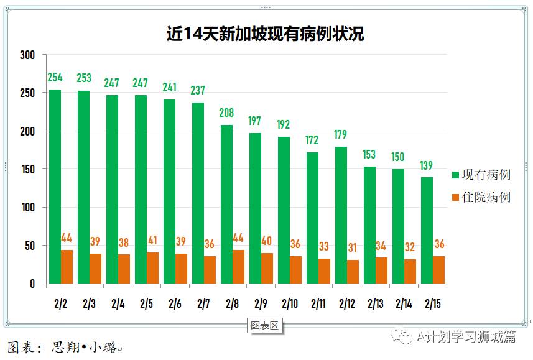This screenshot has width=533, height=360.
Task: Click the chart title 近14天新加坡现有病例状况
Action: click(265, 34)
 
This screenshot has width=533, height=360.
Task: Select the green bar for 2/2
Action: click(55, 187)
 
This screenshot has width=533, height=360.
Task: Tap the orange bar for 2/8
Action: click(238, 267)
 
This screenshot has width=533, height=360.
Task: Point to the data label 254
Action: click(55, 78)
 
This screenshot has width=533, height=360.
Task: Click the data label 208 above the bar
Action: click(226, 113)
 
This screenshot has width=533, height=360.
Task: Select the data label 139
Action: click(427, 165)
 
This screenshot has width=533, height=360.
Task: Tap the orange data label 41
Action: click(152, 241)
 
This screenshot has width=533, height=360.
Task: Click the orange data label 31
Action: click(353, 248)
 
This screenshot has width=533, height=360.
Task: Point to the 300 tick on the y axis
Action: click(27, 55)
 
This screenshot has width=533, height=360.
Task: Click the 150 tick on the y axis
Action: click(27, 169)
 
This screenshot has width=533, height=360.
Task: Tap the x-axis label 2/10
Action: click(289, 304)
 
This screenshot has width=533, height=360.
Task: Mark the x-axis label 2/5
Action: click(146, 304)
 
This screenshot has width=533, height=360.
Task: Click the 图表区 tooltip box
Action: click(265, 325)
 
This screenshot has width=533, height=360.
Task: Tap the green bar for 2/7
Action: click(198, 193)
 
